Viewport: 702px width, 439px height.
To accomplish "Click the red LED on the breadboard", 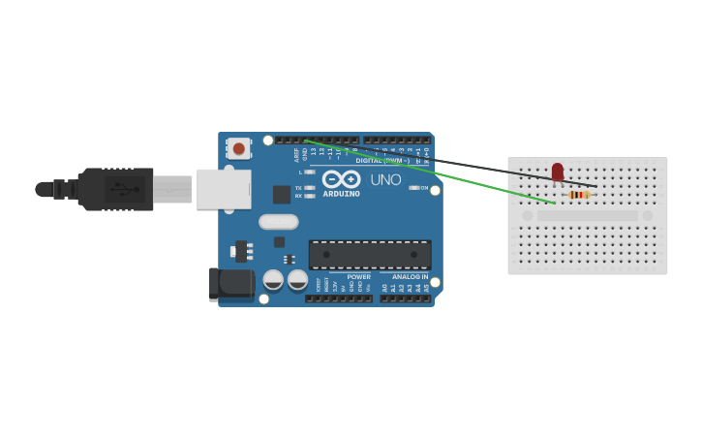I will [557, 172].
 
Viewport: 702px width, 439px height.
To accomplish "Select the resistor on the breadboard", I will [579, 195].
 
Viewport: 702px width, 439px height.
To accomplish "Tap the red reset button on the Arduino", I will [238, 148].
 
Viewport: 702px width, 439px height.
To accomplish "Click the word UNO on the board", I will [385, 179].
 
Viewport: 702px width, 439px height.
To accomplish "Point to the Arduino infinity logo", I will [341, 179].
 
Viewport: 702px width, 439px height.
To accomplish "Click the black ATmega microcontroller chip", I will [370, 255].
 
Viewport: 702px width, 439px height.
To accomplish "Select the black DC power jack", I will [230, 283].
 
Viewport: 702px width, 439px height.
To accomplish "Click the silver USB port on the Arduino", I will [223, 189].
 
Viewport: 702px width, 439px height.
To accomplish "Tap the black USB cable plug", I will [116, 189].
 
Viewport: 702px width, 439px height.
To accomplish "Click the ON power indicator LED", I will [414, 188].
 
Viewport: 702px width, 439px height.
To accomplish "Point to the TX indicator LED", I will [309, 187].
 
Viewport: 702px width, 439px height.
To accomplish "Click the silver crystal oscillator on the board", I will [278, 222].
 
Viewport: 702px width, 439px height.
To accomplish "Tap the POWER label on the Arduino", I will [358, 276].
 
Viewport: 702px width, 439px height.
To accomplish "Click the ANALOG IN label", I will [410, 276].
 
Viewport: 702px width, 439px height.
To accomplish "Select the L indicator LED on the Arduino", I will [309, 172].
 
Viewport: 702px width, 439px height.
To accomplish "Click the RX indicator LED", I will [309, 196].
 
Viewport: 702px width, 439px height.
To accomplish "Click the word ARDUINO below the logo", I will [341, 193].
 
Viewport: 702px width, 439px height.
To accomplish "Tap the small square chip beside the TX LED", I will [281, 195].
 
